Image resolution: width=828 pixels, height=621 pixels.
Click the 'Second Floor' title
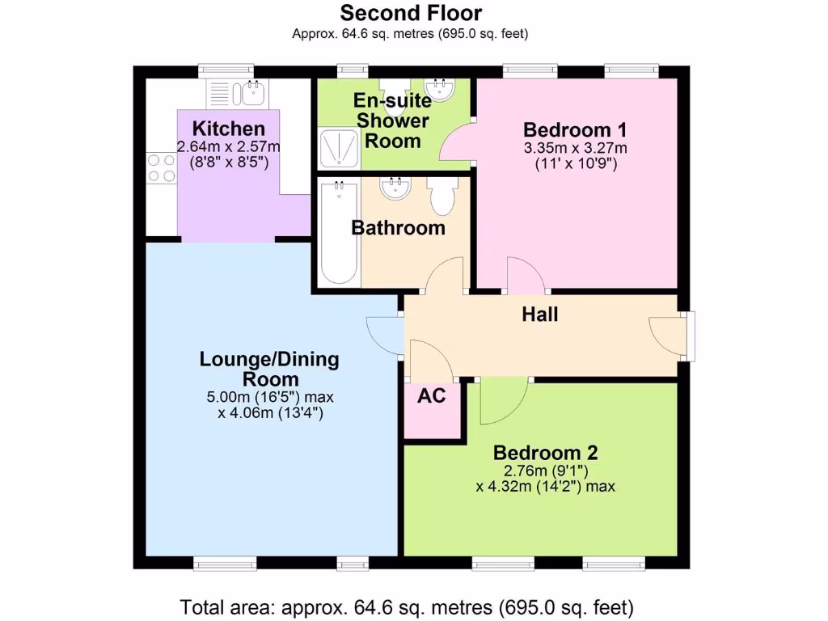click(x=411, y=13)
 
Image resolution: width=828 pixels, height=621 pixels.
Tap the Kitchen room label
click(x=228, y=129)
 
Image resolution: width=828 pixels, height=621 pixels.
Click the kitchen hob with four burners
click(x=160, y=167)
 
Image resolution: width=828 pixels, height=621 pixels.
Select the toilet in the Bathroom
click(x=442, y=196)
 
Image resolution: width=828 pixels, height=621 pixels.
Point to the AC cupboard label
click(x=431, y=397)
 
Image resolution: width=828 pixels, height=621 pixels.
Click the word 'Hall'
click(x=539, y=314)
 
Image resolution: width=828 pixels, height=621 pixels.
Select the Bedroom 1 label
click(x=575, y=129)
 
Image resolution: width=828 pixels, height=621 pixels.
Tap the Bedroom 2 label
click(x=546, y=453)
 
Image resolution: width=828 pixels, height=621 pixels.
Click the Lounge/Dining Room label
click(x=269, y=369)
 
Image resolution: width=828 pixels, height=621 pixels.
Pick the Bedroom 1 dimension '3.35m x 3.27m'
click(x=575, y=148)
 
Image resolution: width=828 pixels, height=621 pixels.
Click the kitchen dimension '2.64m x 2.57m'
click(x=228, y=146)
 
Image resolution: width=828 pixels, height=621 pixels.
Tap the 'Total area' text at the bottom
click(x=407, y=606)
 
